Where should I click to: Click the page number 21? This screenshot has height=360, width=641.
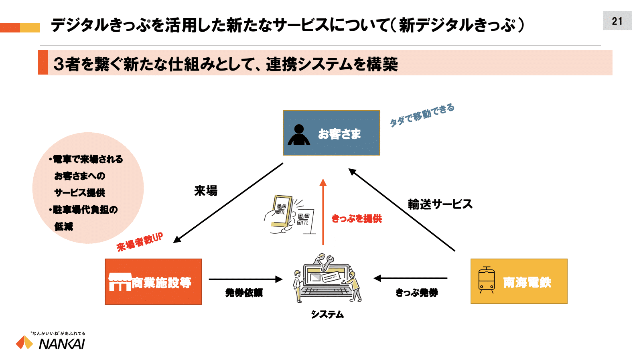[617, 21]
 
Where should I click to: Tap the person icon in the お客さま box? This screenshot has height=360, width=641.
[299, 135]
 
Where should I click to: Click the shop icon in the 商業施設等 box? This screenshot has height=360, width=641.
[120, 282]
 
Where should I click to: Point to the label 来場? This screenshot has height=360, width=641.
[206, 191]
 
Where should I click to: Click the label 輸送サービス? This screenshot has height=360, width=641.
[440, 204]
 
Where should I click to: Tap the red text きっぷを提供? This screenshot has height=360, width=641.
[357, 218]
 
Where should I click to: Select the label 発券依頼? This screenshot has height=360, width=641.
[244, 293]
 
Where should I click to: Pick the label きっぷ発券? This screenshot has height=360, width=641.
[417, 293]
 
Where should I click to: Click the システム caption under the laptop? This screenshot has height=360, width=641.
[327, 314]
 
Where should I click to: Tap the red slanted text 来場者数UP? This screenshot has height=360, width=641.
[140, 242]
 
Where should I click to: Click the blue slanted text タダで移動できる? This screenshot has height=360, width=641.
[422, 115]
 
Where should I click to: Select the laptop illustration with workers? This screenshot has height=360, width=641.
[327, 278]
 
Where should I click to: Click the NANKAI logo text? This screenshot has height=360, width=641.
[62, 344]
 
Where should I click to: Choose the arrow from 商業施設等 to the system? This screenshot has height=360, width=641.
[245, 279]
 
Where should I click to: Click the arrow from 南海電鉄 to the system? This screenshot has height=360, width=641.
[410, 278]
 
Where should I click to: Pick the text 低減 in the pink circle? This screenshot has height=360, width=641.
[64, 227]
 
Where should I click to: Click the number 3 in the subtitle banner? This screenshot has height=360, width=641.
[59, 64]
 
